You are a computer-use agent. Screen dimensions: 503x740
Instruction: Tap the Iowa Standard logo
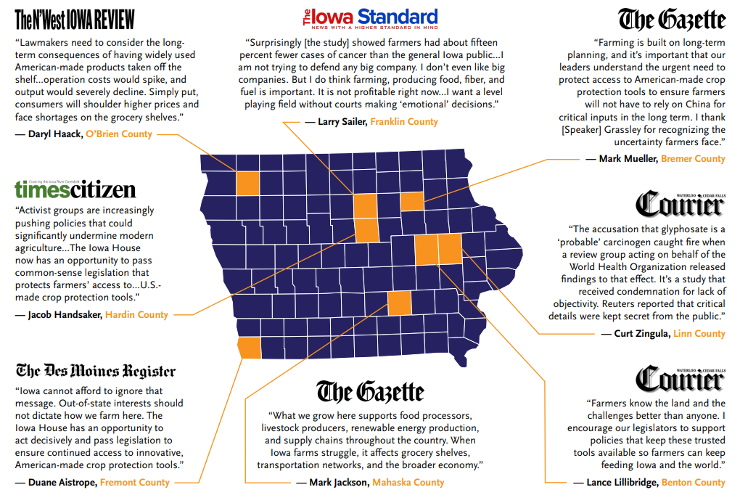[370, 18]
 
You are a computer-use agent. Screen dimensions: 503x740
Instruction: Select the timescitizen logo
[75, 189]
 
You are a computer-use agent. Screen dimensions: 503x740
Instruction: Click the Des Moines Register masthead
[96, 371]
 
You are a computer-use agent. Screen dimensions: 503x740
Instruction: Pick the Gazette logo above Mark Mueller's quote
[671, 19]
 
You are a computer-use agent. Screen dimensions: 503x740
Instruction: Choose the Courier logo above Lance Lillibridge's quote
[680, 377]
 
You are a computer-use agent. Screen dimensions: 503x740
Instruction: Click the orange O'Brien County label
[119, 134]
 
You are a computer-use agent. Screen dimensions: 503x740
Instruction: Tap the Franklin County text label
[404, 122]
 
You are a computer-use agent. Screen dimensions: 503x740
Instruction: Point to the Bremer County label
[693, 158]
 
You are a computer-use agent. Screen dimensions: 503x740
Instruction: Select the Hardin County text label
[136, 315]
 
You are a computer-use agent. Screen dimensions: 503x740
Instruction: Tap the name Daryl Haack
[55, 134]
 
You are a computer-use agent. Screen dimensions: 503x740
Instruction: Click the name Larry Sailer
[341, 122]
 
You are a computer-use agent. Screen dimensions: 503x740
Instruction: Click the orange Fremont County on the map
[250, 348]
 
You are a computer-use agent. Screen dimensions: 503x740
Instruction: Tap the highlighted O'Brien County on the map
[247, 182]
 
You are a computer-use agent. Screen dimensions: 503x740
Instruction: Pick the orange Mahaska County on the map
[399, 302]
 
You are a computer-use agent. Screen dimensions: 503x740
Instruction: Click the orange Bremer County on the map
[412, 201]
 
